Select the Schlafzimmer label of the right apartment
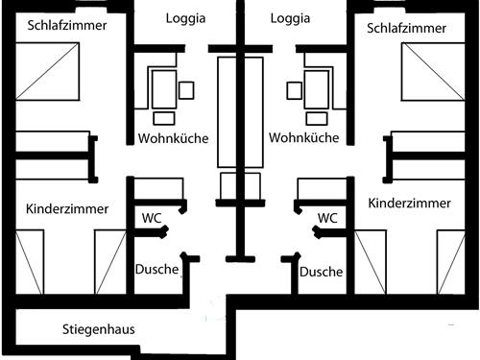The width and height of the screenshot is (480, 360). pyautogui.click(x=407, y=28)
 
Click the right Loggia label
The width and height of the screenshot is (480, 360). pyautogui.click(x=290, y=18)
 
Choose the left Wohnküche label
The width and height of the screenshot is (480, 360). pyautogui.click(x=173, y=138)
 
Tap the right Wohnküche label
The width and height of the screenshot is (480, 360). pyautogui.click(x=304, y=138)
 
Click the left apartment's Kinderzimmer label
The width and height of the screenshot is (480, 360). pyautogui.click(x=67, y=208)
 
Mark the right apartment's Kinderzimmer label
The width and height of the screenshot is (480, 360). pyautogui.click(x=410, y=204)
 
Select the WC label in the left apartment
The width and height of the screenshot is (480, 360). pyautogui.click(x=152, y=218)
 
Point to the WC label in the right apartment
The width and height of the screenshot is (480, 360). pyautogui.click(x=327, y=218)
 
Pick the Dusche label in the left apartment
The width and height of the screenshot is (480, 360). pyautogui.click(x=156, y=270)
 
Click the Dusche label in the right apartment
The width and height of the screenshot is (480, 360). pyautogui.click(x=322, y=272)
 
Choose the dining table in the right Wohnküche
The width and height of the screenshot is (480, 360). pyautogui.click(x=318, y=89)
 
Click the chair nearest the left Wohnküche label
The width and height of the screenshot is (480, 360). pyautogui.click(x=164, y=118)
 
